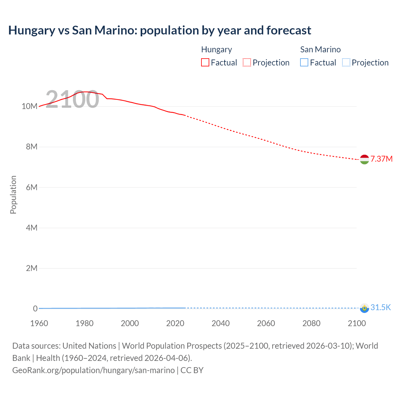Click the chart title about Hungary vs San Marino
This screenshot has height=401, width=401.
point(159,30)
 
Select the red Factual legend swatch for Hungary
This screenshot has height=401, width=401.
point(205,62)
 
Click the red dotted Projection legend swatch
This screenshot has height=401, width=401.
point(247,62)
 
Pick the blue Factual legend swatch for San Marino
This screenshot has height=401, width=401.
point(304,62)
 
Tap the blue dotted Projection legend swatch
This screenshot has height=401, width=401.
point(346,62)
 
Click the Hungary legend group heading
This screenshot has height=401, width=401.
point(216,49)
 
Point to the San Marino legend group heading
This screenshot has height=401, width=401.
point(320,49)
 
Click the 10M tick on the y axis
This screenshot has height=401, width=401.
point(29,106)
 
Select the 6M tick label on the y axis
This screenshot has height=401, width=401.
point(31,187)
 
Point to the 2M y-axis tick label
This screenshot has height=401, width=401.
point(31,268)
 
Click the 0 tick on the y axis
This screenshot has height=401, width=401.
point(35,309)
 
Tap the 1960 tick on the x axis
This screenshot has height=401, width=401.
point(39,323)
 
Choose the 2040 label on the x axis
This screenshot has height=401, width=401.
point(221,323)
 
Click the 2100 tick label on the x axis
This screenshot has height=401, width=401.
point(357,323)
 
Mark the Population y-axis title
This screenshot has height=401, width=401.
point(13,195)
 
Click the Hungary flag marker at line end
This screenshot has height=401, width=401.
point(364,159)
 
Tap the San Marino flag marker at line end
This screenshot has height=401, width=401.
point(364,308)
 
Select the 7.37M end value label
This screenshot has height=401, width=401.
point(381,159)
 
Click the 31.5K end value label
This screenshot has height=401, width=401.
point(381,307)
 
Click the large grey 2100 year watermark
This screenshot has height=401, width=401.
point(72,99)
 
